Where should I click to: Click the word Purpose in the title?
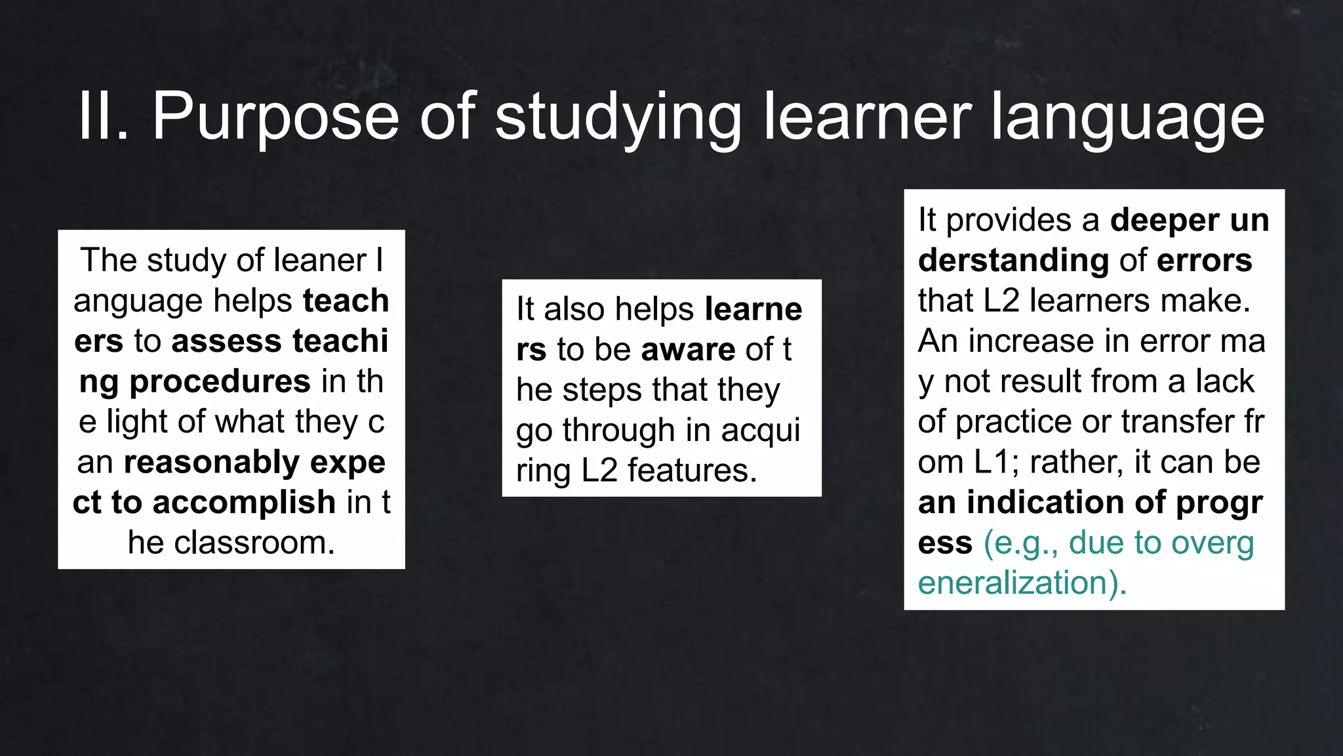tap(275, 118)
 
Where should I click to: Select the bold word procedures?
tap(220, 382)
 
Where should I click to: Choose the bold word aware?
tap(688, 350)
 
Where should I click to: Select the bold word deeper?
tap(1164, 220)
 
